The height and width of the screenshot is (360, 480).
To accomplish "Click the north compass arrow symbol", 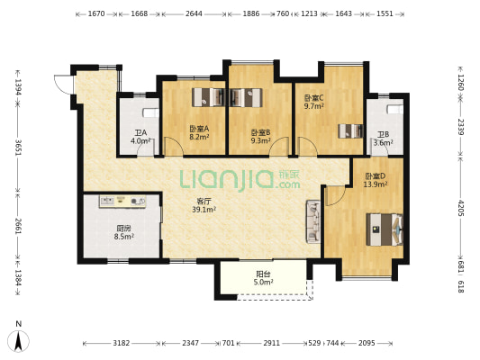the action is pyautogui.click(x=18, y=341).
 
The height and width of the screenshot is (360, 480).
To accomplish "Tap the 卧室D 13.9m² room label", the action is pyautogui.click(x=376, y=180).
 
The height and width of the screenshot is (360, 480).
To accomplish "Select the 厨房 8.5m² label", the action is pyautogui.click(x=123, y=232).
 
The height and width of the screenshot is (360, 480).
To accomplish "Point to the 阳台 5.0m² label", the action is pyautogui.click(x=263, y=278).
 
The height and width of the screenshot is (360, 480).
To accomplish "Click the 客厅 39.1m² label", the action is pyautogui.click(x=204, y=205).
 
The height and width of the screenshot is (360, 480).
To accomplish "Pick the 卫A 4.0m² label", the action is pyautogui.click(x=140, y=137).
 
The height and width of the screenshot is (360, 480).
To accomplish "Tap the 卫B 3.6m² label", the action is pyautogui.click(x=383, y=139).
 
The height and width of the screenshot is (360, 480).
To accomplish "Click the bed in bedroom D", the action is pyautogui.click(x=385, y=229).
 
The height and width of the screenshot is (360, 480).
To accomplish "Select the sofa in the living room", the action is pyautogui.click(x=312, y=221).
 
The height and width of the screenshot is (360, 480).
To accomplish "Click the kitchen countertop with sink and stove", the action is pyautogui.click(x=122, y=202).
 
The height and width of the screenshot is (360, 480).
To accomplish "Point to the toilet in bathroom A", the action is pyautogui.click(x=151, y=112).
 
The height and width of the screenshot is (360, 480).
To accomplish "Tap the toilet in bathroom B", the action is pyautogui.click(x=395, y=110).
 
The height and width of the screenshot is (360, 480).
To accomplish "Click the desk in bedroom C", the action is pyautogui.click(x=351, y=130).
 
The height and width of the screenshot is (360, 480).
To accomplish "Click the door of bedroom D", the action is pyautogui.click(x=336, y=196).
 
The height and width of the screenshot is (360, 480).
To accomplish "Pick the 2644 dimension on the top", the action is pyautogui.click(x=195, y=13).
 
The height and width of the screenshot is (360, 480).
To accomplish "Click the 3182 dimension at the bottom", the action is pyautogui.click(x=122, y=343).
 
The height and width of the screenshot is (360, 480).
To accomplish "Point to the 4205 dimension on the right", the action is pyautogui.click(x=461, y=208).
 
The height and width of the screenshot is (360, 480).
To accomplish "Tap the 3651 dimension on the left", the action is pyautogui.click(x=18, y=148).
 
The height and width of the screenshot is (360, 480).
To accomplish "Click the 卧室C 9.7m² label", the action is pyautogui.click(x=313, y=103).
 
